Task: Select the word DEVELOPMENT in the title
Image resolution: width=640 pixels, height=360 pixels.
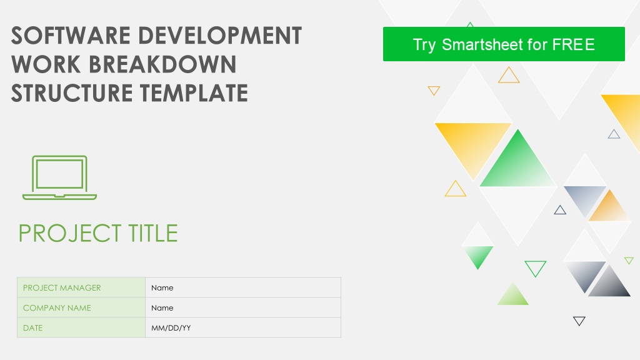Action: [x=220, y=36]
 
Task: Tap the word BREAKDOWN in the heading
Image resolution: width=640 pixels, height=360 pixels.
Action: [x=162, y=64]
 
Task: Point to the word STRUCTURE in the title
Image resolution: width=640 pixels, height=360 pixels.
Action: [x=72, y=92]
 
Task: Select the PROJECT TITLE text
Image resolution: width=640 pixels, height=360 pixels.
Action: [x=98, y=233]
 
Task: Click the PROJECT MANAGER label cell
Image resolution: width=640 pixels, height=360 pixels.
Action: [x=81, y=287]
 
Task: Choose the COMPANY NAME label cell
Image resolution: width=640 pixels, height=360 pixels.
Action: [x=81, y=307]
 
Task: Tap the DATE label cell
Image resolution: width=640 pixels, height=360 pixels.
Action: [x=81, y=327]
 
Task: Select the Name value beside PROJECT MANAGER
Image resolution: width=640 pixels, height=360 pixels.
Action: [x=162, y=287]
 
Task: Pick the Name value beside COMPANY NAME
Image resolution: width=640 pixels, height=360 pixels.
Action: [x=162, y=307]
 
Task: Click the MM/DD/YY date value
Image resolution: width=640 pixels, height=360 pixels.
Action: [x=171, y=327]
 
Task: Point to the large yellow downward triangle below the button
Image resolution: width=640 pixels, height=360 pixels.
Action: [x=473, y=143]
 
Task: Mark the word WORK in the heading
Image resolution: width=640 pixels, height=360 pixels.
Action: [x=46, y=64]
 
